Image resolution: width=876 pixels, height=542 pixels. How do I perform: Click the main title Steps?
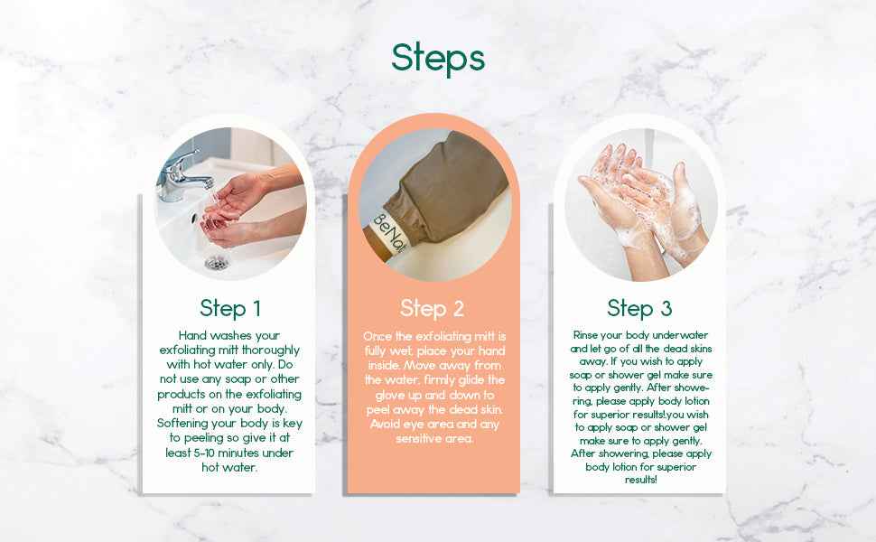point(438,57)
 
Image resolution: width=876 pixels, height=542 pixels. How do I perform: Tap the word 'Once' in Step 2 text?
point(377,335)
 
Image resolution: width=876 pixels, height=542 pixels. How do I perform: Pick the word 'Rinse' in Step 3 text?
point(588,334)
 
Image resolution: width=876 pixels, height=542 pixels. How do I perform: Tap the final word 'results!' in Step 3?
point(640,480)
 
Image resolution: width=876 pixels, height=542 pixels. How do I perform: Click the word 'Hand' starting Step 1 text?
point(194,335)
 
